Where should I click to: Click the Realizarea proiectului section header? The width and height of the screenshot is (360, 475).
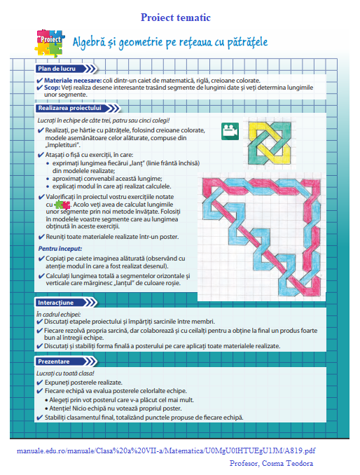[69, 108]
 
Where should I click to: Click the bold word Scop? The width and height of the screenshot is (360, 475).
[53, 88]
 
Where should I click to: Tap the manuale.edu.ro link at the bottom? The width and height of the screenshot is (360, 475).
[165, 450]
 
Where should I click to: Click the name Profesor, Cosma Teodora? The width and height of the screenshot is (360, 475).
[272, 464]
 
